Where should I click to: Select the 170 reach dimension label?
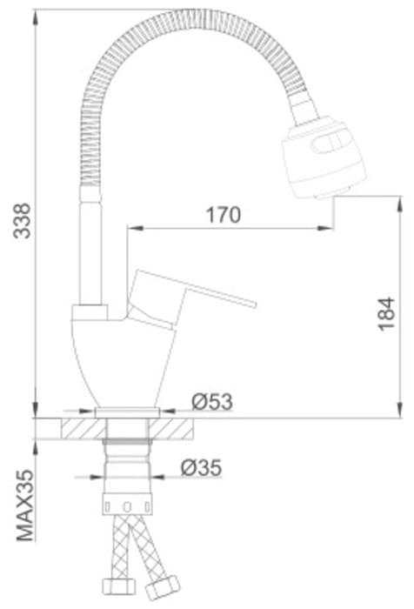[x=223, y=214]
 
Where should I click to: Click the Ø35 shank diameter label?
[x=201, y=468]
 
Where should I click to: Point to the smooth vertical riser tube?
[x=91, y=252]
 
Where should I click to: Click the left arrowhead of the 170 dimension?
[x=133, y=229]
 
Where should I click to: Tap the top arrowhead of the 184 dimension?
[x=386, y=201]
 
